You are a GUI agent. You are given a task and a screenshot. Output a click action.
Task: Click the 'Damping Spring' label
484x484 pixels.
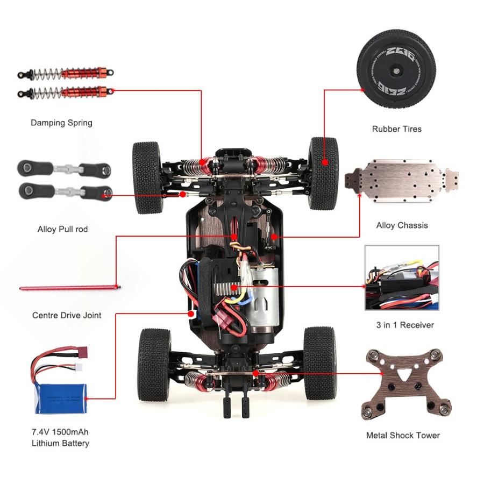tap(61, 123)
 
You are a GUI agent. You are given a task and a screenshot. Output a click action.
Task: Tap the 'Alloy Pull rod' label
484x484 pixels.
tap(62, 229)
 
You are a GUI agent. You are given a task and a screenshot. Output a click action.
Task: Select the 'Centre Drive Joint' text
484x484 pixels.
tap(67, 315)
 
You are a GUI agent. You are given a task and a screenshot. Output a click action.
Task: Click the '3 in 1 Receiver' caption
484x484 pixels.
tap(405, 325)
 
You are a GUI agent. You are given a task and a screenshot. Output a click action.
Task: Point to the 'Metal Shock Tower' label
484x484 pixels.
tap(403, 435)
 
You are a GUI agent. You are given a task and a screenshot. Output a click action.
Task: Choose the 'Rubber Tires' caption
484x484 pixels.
tap(397, 129)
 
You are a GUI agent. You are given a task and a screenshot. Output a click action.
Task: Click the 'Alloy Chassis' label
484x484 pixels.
tap(402, 225)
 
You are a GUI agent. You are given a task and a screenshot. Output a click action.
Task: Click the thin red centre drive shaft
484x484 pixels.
tap(70, 288)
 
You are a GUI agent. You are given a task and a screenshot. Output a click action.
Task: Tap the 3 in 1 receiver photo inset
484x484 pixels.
tap(402, 278)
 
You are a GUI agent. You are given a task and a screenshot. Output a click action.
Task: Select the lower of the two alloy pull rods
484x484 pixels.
tap(65, 191)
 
